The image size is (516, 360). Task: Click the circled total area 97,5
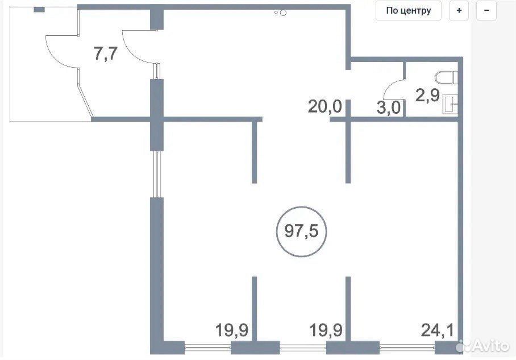click(301, 231)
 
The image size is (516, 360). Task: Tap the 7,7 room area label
click(106, 53)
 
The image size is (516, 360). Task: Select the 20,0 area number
click(325, 106)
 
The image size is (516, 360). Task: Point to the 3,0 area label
click(388, 107)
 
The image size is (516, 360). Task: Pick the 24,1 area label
click(438, 330)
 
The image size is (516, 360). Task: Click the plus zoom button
click(459, 11)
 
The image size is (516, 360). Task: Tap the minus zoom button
click(486, 11)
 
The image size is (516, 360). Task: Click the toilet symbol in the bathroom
click(447, 78)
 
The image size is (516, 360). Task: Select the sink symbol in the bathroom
click(450, 105)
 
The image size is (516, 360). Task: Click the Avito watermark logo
click(483, 346)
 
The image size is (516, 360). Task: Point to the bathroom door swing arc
click(392, 86)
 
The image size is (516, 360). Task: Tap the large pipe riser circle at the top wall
click(283, 13)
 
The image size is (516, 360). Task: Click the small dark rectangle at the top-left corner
click(39, 10)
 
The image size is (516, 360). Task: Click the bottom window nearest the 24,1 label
click(407, 346)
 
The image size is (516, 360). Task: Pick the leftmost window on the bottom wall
click(207, 346)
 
